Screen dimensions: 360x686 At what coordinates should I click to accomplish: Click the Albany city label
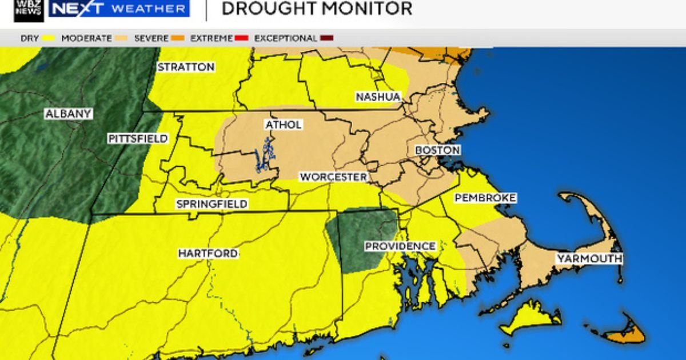(68, 114)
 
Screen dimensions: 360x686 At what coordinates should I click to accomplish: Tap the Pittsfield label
(138, 138)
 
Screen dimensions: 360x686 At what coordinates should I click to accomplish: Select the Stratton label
(186, 67)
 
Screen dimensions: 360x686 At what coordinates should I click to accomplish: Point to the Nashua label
(378, 97)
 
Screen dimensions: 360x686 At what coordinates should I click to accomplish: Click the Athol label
(283, 125)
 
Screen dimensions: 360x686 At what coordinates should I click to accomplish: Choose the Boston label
(437, 150)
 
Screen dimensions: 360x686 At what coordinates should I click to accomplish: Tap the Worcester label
(333, 177)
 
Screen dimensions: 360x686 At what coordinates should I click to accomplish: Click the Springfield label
(212, 204)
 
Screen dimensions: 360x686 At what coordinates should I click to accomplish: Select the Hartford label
(208, 253)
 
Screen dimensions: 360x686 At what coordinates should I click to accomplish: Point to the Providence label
(400, 246)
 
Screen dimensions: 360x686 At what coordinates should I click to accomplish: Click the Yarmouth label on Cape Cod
(589, 259)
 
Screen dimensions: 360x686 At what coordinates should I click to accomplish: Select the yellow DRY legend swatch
(48, 38)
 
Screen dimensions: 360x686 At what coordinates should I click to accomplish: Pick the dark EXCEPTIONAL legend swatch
(327, 38)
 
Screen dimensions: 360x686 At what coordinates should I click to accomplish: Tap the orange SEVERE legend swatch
(178, 38)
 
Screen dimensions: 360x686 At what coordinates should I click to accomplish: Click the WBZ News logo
(29, 10)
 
